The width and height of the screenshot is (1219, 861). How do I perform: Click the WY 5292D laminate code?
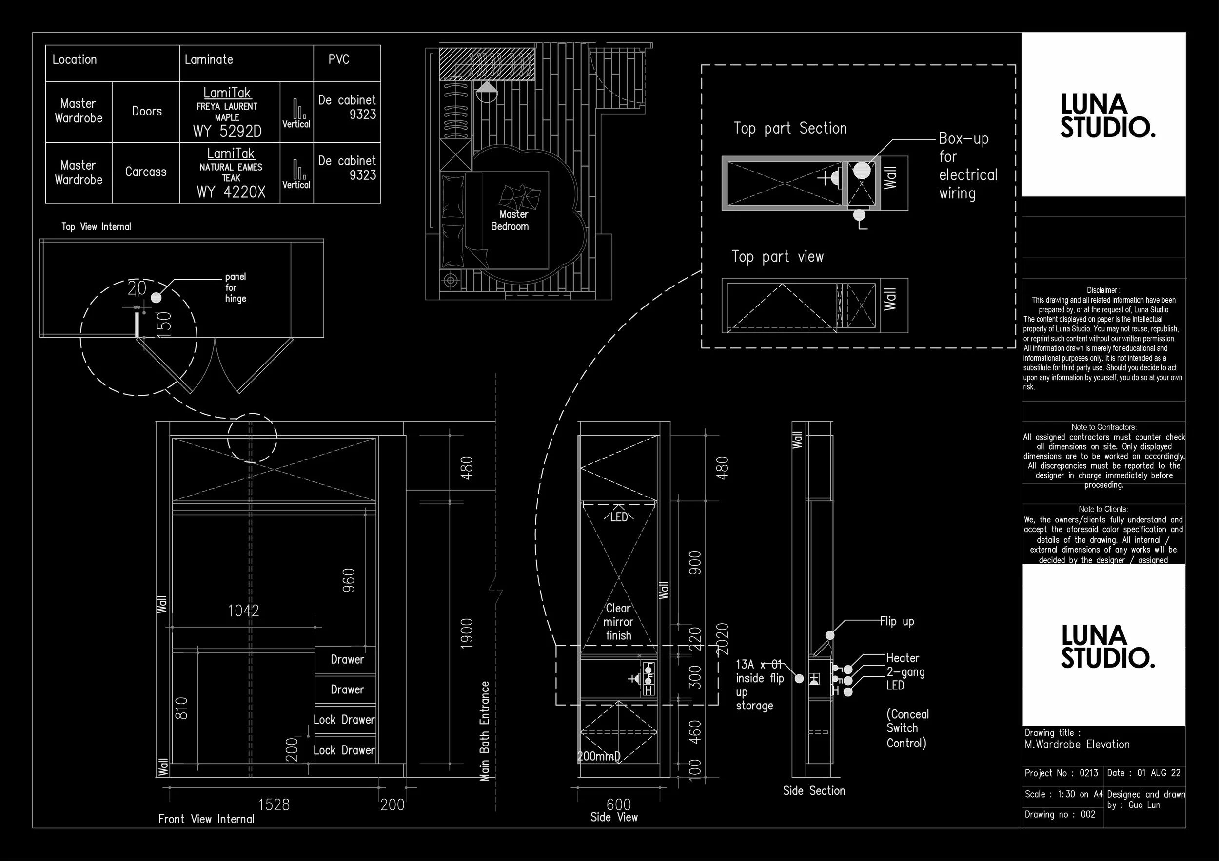(x=227, y=131)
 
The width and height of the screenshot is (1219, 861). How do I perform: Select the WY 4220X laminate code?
(x=231, y=192)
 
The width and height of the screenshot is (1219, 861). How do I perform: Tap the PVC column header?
(x=339, y=59)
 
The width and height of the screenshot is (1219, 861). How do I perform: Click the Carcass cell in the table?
(x=145, y=172)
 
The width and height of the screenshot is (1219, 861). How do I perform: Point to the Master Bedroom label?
(x=510, y=220)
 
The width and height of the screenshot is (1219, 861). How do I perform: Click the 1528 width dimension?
(x=274, y=805)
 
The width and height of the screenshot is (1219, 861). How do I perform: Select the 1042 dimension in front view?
(x=243, y=611)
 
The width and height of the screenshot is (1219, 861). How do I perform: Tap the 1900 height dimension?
(x=466, y=633)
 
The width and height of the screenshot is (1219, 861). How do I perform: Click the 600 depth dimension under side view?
(x=619, y=805)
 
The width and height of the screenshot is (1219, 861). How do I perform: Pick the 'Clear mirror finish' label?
(x=619, y=622)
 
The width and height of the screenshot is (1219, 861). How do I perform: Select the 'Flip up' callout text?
(x=897, y=621)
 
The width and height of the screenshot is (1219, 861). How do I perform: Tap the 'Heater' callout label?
(x=903, y=658)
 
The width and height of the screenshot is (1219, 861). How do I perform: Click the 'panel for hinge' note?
(x=235, y=287)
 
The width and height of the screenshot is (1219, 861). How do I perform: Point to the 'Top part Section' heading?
(x=790, y=128)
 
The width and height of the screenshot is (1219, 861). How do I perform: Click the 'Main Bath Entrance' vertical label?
(x=484, y=731)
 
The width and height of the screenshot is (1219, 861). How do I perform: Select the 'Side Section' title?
(x=814, y=790)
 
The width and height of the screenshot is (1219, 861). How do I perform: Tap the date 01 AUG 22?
(x=1159, y=773)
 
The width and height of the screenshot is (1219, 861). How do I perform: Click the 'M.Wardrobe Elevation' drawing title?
(x=1077, y=744)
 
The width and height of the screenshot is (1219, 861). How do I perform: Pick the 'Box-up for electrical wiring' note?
(x=967, y=166)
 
